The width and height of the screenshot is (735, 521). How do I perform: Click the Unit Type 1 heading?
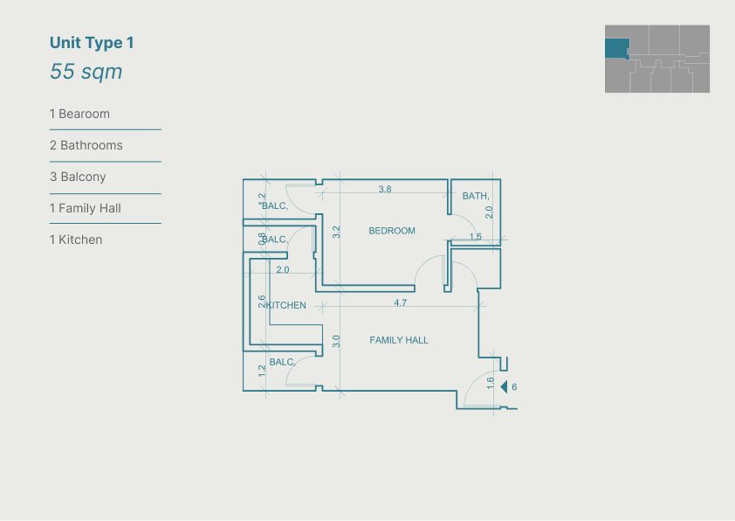[92, 43]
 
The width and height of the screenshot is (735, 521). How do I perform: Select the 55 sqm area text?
[86, 72]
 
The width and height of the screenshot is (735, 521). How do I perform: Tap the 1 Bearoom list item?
[79, 114]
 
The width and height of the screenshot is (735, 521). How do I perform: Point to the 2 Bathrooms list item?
[86, 145]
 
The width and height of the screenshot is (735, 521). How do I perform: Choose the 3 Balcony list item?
[78, 177]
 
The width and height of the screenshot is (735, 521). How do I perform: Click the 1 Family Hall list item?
[86, 208]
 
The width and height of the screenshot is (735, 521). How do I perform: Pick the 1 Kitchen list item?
[76, 240]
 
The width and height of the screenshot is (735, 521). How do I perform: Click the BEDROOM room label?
[392, 231]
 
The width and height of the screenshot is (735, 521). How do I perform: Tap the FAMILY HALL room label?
[399, 340]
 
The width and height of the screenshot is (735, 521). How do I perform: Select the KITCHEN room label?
[286, 306]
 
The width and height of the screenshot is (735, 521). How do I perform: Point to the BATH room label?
[476, 196]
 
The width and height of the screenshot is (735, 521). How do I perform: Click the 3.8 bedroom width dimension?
[385, 189]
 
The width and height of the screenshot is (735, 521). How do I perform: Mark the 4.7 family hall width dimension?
[401, 302]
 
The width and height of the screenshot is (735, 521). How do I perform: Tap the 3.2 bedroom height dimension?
[337, 232]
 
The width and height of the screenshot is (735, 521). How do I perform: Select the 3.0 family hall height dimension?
[336, 341]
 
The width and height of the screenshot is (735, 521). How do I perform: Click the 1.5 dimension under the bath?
[476, 237]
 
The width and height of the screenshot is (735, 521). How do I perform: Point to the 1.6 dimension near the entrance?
[491, 383]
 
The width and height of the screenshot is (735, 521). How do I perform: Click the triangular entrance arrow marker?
[504, 386]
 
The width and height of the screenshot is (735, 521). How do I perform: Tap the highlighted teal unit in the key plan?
[617, 49]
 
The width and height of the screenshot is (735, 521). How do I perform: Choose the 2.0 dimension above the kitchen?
[283, 270]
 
